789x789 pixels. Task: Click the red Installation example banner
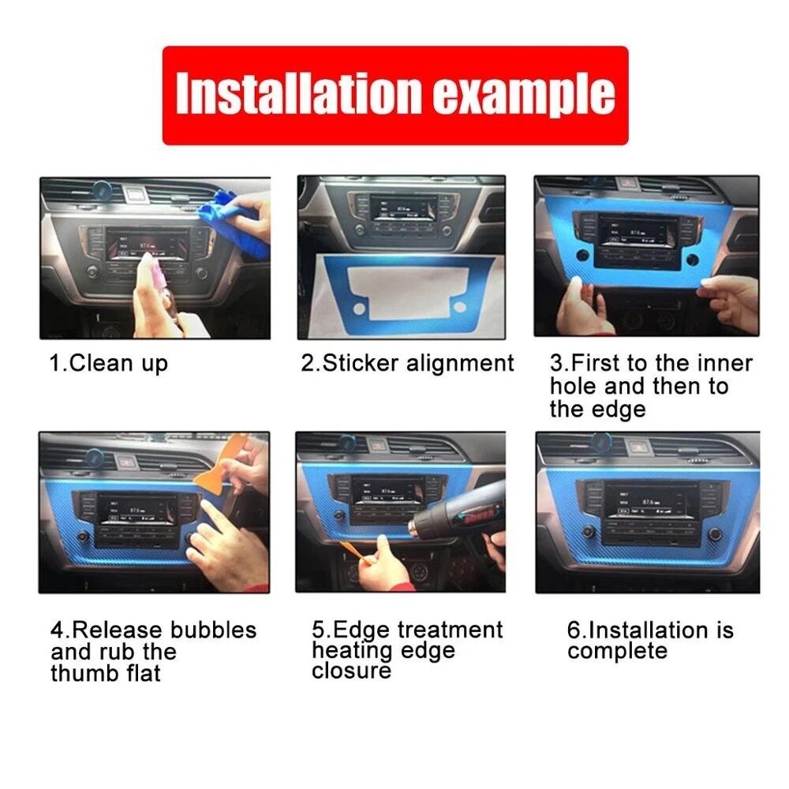[394, 95]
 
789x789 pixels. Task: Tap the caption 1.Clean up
[109, 364]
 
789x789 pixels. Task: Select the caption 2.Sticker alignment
[407, 364]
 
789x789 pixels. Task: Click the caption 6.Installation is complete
[649, 641]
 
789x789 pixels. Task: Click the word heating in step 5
[350, 651]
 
